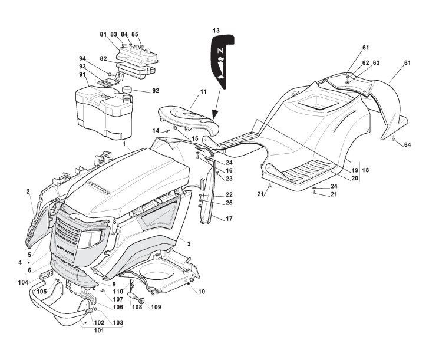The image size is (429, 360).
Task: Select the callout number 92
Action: [x=156, y=91]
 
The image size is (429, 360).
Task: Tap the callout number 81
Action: [x=104, y=34]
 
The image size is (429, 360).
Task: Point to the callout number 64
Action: [x=407, y=144]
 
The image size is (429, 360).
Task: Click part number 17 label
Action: [x=229, y=219]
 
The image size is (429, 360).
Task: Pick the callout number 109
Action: [x=156, y=307]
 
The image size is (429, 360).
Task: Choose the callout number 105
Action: [x=42, y=291]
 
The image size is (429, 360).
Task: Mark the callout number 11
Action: [x=203, y=92]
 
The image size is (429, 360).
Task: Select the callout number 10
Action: [x=202, y=292]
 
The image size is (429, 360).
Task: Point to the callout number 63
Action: [x=376, y=62]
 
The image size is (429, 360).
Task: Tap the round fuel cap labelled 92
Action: [x=127, y=89]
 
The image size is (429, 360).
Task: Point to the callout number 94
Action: [x=82, y=58]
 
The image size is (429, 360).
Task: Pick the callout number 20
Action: [x=355, y=178]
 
